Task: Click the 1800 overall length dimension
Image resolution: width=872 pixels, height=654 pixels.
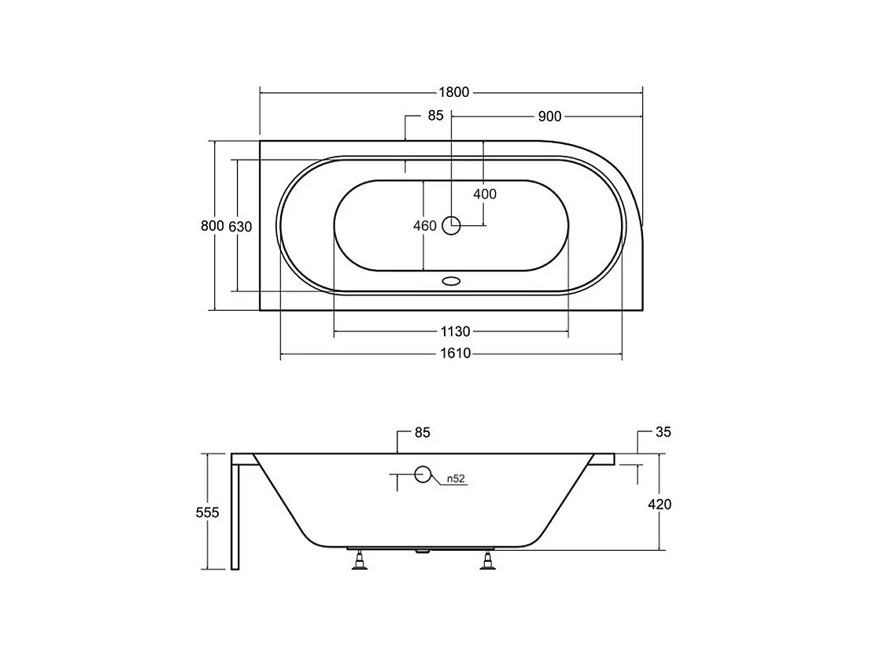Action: pos(454,92)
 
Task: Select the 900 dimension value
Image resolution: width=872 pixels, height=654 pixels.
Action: pos(549,116)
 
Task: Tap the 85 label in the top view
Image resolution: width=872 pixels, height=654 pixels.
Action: pos(435,115)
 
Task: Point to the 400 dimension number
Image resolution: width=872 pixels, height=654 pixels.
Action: pos(484,194)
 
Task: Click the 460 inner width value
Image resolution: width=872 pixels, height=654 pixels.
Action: pos(425,226)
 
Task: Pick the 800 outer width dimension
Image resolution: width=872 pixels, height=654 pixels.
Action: pos(212,226)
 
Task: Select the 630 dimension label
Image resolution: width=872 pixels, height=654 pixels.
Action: pos(240,227)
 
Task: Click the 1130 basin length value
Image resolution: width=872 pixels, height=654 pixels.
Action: pos(456,332)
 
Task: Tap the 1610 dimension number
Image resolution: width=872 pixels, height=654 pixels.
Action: pos(456,353)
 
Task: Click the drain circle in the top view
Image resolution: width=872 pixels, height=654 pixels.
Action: pos(451,225)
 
